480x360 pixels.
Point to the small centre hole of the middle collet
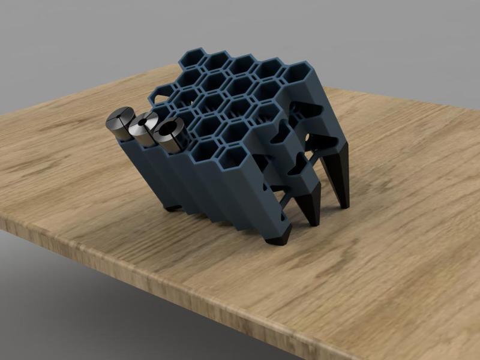tap(142, 124)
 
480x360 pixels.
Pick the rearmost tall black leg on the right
tap(340, 180)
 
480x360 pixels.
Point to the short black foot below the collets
tap(172, 207)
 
